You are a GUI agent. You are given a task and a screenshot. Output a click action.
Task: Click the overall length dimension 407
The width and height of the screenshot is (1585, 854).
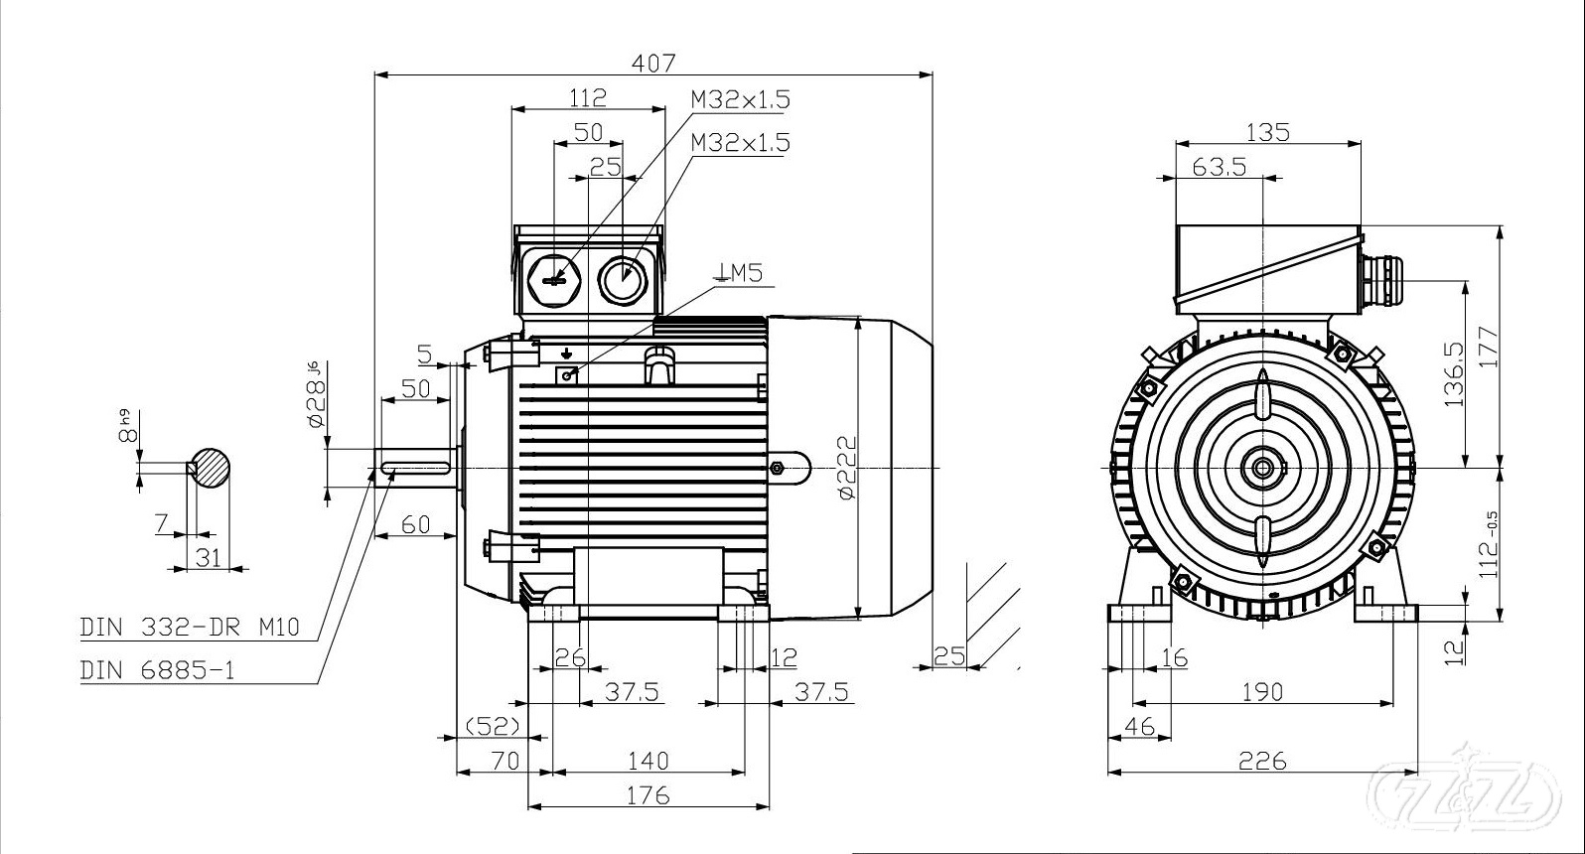(x=653, y=62)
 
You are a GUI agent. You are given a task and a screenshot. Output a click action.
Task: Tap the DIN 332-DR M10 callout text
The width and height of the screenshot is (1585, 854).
(x=189, y=628)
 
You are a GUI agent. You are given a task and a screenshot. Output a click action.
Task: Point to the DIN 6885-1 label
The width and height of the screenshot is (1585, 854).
(x=158, y=670)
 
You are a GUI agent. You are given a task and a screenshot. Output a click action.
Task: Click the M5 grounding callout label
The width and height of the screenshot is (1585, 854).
(x=740, y=272)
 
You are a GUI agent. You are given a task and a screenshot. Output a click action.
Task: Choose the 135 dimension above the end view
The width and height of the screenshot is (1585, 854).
(x=1266, y=131)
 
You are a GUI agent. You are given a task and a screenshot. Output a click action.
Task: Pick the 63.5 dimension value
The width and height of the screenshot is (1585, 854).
(x=1219, y=166)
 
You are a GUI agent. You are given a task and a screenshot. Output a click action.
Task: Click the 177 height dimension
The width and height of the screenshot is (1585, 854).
(x=1487, y=348)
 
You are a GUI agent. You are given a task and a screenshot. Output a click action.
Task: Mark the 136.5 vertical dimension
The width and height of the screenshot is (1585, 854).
(x=1455, y=375)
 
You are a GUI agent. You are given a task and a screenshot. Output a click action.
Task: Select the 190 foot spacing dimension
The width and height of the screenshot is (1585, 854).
(x=1262, y=691)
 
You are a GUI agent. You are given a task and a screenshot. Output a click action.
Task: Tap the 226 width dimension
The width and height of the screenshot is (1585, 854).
(x=1262, y=761)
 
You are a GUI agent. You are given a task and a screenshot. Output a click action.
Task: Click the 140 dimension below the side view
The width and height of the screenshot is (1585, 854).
(x=648, y=761)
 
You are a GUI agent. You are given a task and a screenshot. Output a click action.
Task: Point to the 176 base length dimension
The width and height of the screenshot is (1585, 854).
(x=648, y=794)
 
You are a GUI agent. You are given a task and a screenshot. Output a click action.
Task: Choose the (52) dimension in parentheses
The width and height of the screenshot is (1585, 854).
(x=493, y=727)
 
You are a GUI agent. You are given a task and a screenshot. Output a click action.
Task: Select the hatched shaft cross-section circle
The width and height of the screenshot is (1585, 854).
(x=212, y=467)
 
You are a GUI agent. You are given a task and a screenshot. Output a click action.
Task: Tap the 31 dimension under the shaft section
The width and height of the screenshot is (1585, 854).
(x=208, y=557)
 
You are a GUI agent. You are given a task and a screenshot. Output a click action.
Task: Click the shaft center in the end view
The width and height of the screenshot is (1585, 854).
(x=1262, y=467)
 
